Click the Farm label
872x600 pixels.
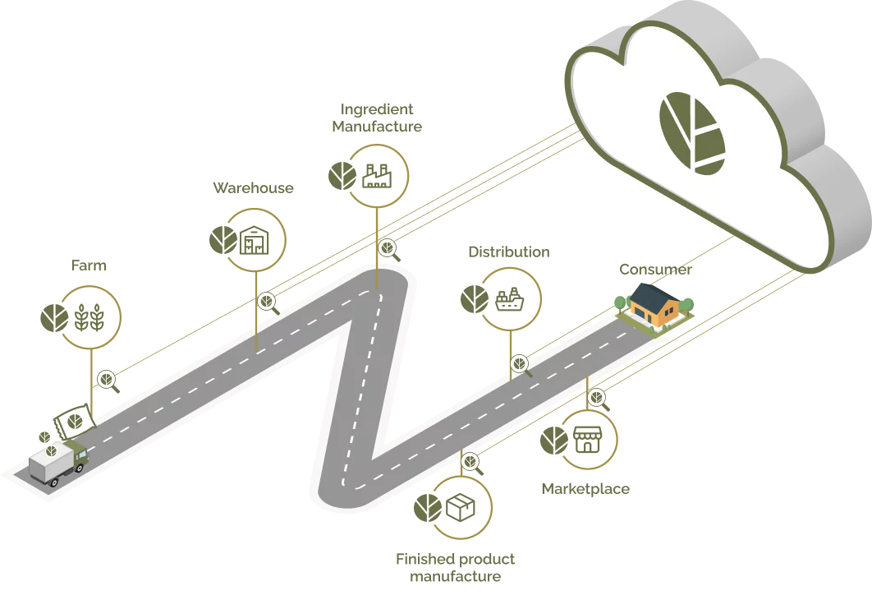pyautogui.click(x=89, y=265)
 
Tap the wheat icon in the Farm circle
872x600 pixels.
pyautogui.click(x=89, y=317)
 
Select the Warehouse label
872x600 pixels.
pyautogui.click(x=253, y=188)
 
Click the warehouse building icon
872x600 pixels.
pyautogui.click(x=255, y=241)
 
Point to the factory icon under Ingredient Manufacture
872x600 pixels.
pyautogui.click(x=377, y=176)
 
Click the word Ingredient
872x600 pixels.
pyautogui.click(x=377, y=109)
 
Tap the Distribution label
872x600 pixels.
pyautogui.click(x=509, y=252)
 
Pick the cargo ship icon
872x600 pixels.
pyautogui.click(x=509, y=299)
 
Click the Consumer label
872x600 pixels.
pyautogui.click(x=656, y=270)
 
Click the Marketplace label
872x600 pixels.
pyautogui.click(x=585, y=489)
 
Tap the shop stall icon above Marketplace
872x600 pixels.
pyautogui.click(x=587, y=440)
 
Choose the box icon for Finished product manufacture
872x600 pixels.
pyautogui.click(x=461, y=508)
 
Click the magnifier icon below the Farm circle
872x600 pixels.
pyautogui.click(x=108, y=381)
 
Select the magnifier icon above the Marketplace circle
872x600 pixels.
pyautogui.click(x=599, y=399)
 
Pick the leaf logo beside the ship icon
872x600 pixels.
pyautogui.click(x=475, y=299)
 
